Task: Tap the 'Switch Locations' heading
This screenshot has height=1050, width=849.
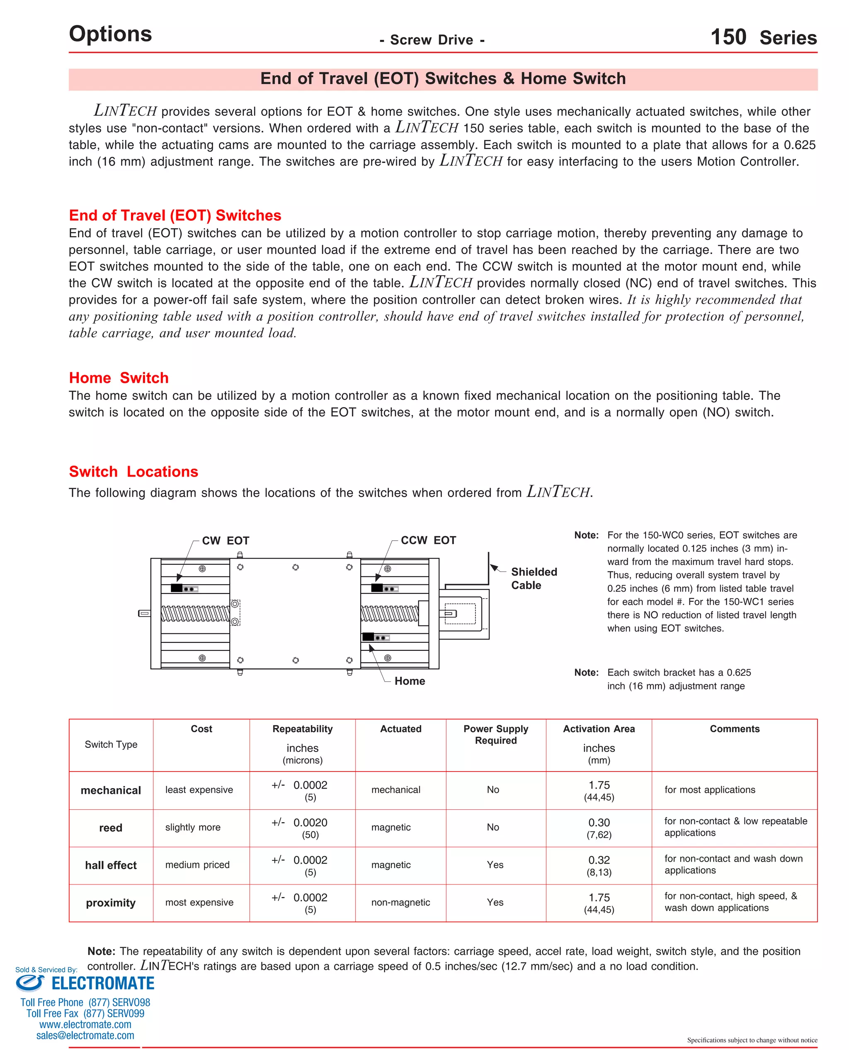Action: click(x=133, y=471)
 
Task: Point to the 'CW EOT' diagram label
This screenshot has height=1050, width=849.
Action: click(x=226, y=540)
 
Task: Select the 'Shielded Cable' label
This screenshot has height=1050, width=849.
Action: click(x=534, y=579)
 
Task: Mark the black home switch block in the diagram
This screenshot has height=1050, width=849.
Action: click(x=368, y=637)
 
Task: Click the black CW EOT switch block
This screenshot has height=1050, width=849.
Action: click(x=177, y=588)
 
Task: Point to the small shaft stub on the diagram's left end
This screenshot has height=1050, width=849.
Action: click(x=144, y=613)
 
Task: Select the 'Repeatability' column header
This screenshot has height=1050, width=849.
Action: click(x=302, y=729)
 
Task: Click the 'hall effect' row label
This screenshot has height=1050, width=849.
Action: click(x=111, y=865)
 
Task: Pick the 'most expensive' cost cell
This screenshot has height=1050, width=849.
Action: click(x=199, y=902)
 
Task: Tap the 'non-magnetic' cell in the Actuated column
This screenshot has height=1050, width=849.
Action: click(x=400, y=902)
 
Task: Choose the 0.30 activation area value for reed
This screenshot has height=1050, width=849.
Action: click(x=599, y=823)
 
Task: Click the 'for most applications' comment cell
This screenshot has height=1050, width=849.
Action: click(x=709, y=790)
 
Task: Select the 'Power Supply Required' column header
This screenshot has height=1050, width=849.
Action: click(x=495, y=734)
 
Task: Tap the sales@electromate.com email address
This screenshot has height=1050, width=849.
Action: click(x=85, y=1035)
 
